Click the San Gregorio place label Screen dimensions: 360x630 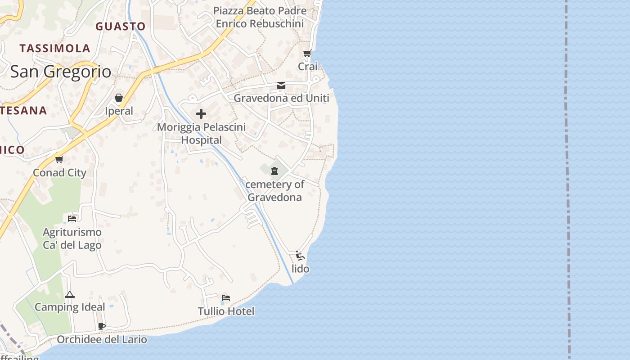[60, 72]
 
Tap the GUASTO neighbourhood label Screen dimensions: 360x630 [121, 27]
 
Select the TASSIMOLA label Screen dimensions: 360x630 [55, 48]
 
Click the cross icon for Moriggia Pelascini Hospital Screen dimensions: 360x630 [201, 114]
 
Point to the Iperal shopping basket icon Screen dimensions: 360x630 [119, 98]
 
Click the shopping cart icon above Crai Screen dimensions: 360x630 [307, 54]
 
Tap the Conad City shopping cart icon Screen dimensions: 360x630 [59, 159]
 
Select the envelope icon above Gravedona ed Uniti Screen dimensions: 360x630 [281, 85]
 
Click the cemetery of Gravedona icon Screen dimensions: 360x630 [274, 171]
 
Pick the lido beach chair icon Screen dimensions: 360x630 [300, 256]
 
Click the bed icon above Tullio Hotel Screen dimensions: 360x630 [226, 298]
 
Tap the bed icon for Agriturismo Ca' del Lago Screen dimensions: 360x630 [72, 219]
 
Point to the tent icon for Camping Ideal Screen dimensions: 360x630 [69, 295]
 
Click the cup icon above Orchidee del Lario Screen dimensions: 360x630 [102, 326]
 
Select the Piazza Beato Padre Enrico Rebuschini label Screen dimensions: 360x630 [260, 17]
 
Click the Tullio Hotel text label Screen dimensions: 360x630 [226, 311]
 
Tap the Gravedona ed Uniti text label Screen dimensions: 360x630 [281, 98]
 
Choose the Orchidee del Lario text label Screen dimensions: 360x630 [102, 339]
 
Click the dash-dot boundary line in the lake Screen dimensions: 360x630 [567, 180]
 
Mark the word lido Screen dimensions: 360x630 [301, 269]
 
